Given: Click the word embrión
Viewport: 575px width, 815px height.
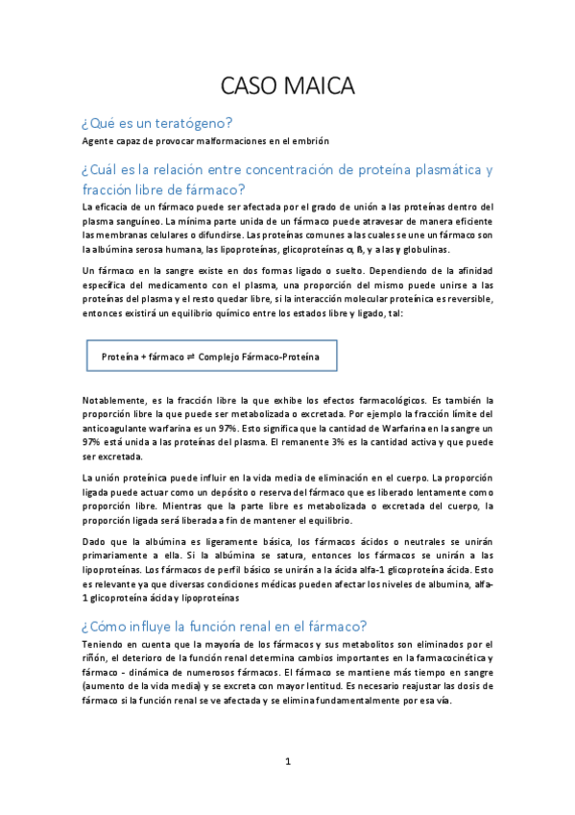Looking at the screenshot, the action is coord(310,141).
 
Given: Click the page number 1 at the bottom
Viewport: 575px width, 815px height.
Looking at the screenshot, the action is coord(287,762).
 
